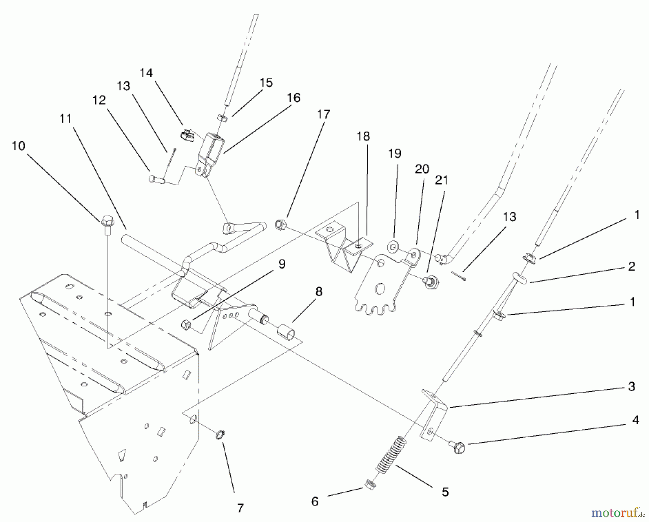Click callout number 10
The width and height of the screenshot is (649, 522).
pyautogui.click(x=18, y=146)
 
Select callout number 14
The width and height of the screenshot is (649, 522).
pyautogui.click(x=146, y=73)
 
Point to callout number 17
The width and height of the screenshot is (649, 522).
pyautogui.click(x=323, y=114)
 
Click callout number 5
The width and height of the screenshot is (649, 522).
pyautogui.click(x=445, y=492)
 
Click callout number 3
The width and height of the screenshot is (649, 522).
pyautogui.click(x=631, y=386)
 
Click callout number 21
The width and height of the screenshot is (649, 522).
pyautogui.click(x=441, y=180)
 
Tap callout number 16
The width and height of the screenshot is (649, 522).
pyautogui.click(x=294, y=98)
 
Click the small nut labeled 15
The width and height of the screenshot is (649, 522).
pyautogui.click(x=222, y=118)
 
